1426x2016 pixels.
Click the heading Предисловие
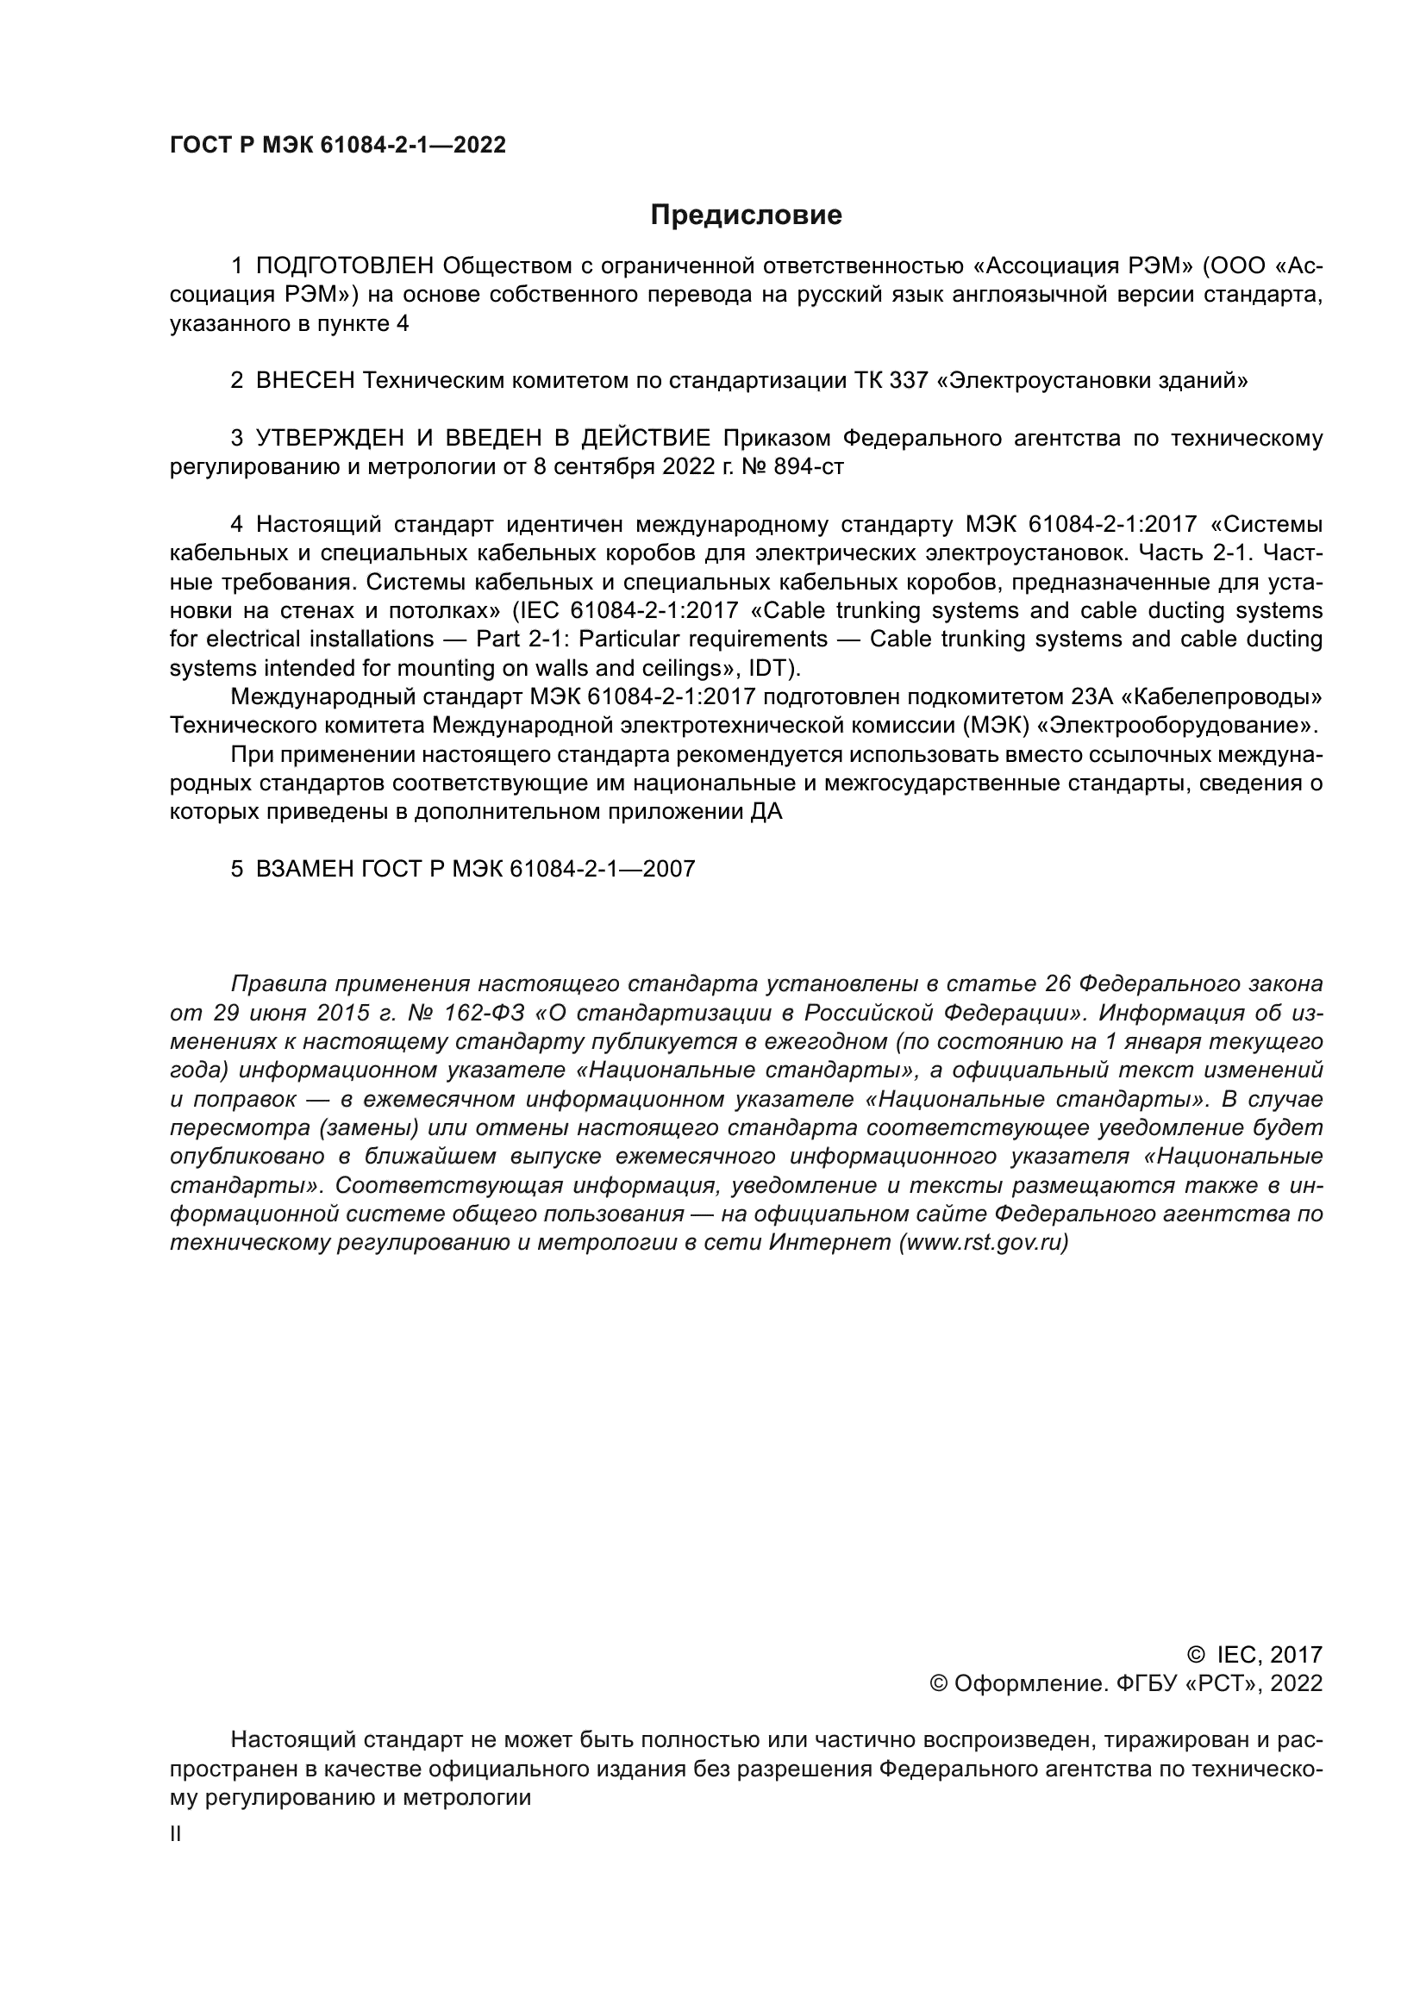pos(746,215)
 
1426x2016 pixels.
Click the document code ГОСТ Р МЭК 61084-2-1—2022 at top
pos(338,146)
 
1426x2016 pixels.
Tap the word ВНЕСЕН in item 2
pos(305,381)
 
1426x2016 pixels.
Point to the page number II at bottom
pos(176,1835)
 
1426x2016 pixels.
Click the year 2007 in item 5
pos(668,870)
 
